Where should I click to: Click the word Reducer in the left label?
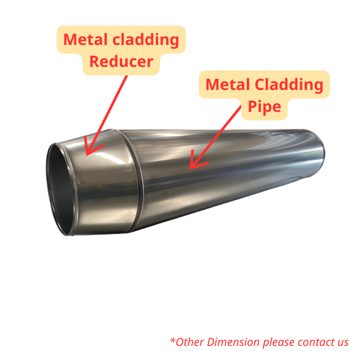[121, 61]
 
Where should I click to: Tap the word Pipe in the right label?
[261, 106]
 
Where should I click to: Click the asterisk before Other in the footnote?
[172, 340]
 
